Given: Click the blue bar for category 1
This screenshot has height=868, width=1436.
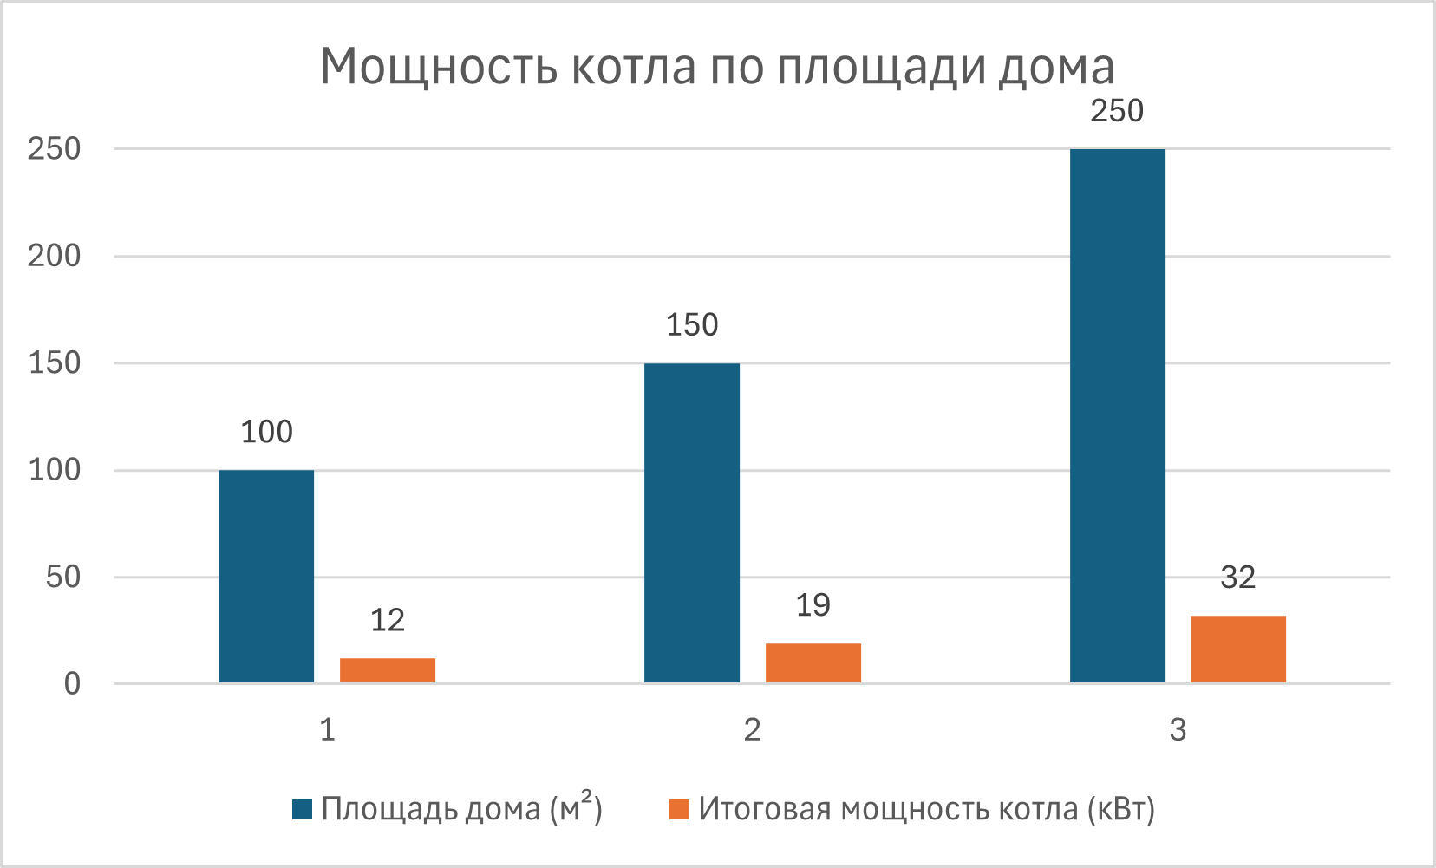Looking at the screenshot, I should click(x=266, y=577).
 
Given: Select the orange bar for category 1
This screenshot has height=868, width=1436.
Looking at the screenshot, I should click(x=388, y=671).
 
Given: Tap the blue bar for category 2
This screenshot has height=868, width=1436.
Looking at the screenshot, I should click(x=692, y=523).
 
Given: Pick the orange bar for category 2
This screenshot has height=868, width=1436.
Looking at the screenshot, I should click(x=813, y=663).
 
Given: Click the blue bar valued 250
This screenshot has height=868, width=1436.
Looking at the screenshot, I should click(x=1118, y=416).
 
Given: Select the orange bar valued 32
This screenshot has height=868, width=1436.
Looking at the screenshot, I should click(x=1238, y=649).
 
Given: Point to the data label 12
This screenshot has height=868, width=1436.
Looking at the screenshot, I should click(x=388, y=620).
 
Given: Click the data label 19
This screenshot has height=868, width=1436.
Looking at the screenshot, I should click(x=813, y=605).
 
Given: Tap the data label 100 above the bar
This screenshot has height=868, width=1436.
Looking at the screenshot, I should click(x=266, y=432).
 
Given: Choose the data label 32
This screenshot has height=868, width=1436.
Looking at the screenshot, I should click(x=1238, y=578).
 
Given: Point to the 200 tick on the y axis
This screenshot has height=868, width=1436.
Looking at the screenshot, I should click(x=54, y=256).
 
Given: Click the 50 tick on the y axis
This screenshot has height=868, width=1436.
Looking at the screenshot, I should click(x=63, y=577).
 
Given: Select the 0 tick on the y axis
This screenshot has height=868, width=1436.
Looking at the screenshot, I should click(x=72, y=684).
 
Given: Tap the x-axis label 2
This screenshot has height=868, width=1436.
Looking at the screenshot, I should click(x=753, y=730).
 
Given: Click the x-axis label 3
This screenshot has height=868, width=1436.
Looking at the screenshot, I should click(x=1178, y=730).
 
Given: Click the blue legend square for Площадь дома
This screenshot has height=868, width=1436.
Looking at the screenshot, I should click(x=302, y=810).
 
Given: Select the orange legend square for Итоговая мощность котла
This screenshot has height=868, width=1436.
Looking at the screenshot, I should click(x=680, y=810).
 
